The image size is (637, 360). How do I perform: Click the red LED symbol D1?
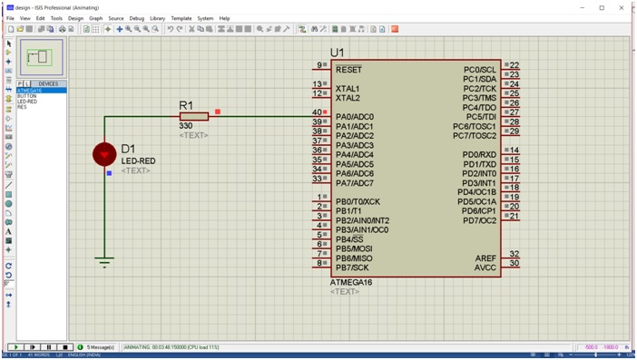coord(104,154)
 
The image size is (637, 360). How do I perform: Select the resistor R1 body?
coord(194,116)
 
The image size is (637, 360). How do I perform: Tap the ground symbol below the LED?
coord(104,263)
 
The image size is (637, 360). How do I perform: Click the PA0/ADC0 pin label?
coord(354,117)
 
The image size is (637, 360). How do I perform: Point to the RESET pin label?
coord(348,70)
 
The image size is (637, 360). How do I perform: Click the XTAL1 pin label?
coord(348,89)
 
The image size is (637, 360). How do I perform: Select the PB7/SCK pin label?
coord(352,268)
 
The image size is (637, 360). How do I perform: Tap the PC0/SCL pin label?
coord(480,70)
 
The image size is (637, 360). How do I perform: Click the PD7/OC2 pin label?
coord(479,220)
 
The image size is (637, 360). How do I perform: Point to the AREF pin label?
coord(485,258)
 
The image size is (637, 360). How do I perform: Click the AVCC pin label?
coord(485,268)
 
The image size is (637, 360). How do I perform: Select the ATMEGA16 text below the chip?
coord(351,282)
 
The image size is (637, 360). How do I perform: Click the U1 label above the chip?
coord(338,53)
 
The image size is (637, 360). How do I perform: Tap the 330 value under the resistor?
coord(186,126)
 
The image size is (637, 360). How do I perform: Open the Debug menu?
coord(136,18)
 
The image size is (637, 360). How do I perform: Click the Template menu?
coord(181,18)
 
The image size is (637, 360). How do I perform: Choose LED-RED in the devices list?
coord(27,102)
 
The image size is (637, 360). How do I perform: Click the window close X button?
coord(622,7)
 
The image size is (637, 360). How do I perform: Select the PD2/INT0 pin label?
coord(479,173)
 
